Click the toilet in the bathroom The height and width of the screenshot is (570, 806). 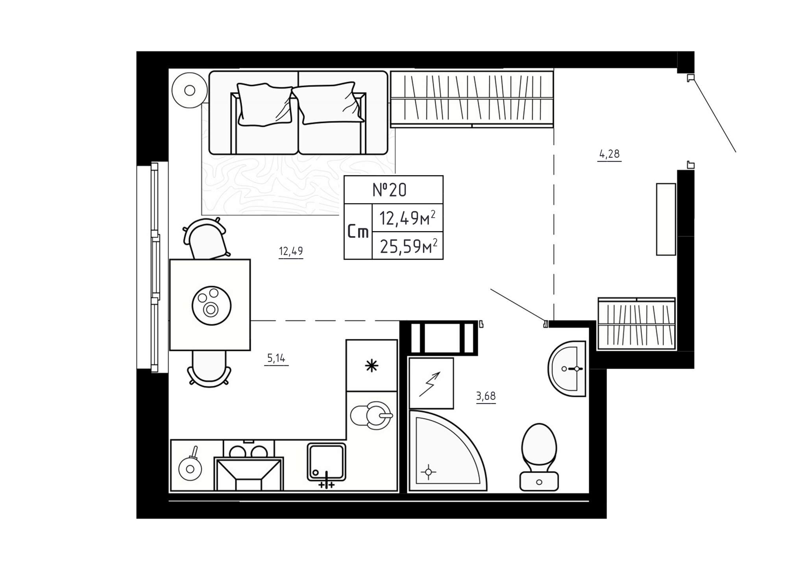pyautogui.click(x=539, y=457)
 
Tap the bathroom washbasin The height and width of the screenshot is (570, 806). pyautogui.click(x=567, y=369)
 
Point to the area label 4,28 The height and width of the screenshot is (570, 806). pyautogui.click(x=609, y=154)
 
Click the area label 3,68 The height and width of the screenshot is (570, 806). pyautogui.click(x=486, y=396)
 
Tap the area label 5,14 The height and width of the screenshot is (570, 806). pyautogui.click(x=276, y=358)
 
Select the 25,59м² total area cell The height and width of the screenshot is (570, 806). pyautogui.click(x=408, y=246)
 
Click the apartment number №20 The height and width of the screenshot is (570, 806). pyautogui.click(x=390, y=190)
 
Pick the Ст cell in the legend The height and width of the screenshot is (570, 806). pyautogui.click(x=358, y=232)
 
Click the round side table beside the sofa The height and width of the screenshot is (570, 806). pyautogui.click(x=190, y=91)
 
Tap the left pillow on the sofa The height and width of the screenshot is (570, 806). pyautogui.click(x=264, y=104)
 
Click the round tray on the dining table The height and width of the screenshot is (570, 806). pyautogui.click(x=211, y=305)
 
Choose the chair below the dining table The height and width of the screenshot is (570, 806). pyautogui.click(x=209, y=368)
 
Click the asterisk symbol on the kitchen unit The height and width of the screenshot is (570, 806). pyautogui.click(x=372, y=366)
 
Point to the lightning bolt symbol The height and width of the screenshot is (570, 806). pyautogui.click(x=429, y=384)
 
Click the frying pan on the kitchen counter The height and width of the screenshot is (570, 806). pyautogui.click(x=190, y=466)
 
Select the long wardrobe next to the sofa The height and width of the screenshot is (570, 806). pyautogui.click(x=472, y=99)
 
